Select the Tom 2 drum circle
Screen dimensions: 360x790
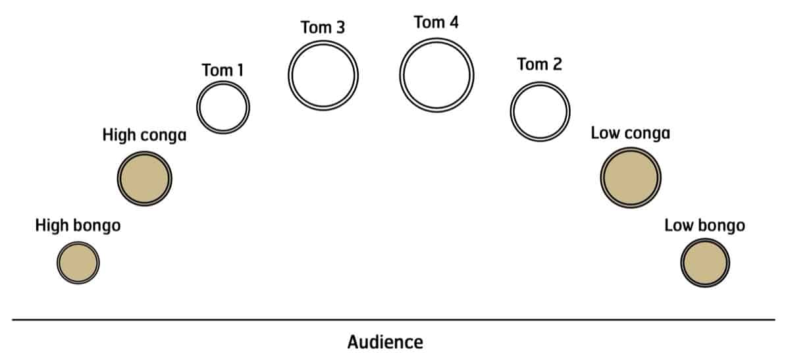coord(540,112)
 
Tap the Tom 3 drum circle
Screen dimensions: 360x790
coord(323,73)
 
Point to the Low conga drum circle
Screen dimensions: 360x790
coord(630,177)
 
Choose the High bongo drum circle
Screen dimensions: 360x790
coord(78,263)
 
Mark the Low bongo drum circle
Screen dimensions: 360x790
coord(704,263)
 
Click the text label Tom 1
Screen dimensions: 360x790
coord(223,70)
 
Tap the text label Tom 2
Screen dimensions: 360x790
coord(540,64)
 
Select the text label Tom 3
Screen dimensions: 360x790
coord(323,28)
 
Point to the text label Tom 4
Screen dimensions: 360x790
coord(436,22)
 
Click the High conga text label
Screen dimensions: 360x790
coord(145,136)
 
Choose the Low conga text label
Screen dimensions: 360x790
coord(630,134)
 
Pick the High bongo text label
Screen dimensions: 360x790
coord(78,226)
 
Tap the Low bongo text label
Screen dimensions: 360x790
coord(704,226)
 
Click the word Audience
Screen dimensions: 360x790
coord(385,342)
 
